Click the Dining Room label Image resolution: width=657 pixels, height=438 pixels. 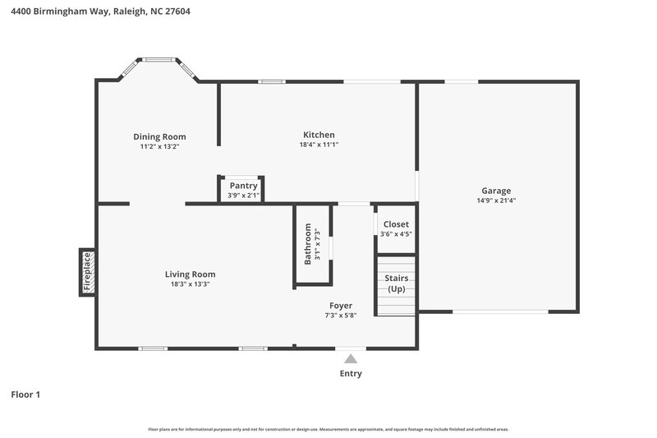click(x=159, y=136)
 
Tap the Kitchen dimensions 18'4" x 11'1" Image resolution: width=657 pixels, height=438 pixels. click(x=319, y=145)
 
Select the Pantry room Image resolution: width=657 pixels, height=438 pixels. click(x=243, y=190)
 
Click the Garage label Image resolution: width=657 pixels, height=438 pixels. click(x=496, y=191)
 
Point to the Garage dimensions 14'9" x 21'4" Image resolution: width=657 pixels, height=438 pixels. click(x=496, y=201)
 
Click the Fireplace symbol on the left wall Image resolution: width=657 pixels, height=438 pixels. click(x=87, y=271)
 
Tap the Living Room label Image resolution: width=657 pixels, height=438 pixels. click(x=190, y=274)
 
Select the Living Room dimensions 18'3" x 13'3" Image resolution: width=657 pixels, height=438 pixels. click(x=190, y=284)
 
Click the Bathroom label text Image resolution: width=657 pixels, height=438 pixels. click(x=309, y=244)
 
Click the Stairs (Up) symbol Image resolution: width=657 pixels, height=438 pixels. click(x=397, y=284)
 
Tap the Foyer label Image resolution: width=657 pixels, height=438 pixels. click(x=341, y=306)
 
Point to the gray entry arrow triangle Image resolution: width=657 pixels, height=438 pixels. click(x=351, y=358)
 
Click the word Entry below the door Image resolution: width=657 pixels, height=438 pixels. click(x=351, y=373)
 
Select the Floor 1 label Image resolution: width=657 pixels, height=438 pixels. click(x=25, y=394)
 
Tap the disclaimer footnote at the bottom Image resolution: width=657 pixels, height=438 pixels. click(x=328, y=429)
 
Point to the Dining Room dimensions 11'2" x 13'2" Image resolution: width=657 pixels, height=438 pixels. click(x=159, y=146)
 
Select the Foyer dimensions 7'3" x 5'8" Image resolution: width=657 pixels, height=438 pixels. click(x=341, y=316)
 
